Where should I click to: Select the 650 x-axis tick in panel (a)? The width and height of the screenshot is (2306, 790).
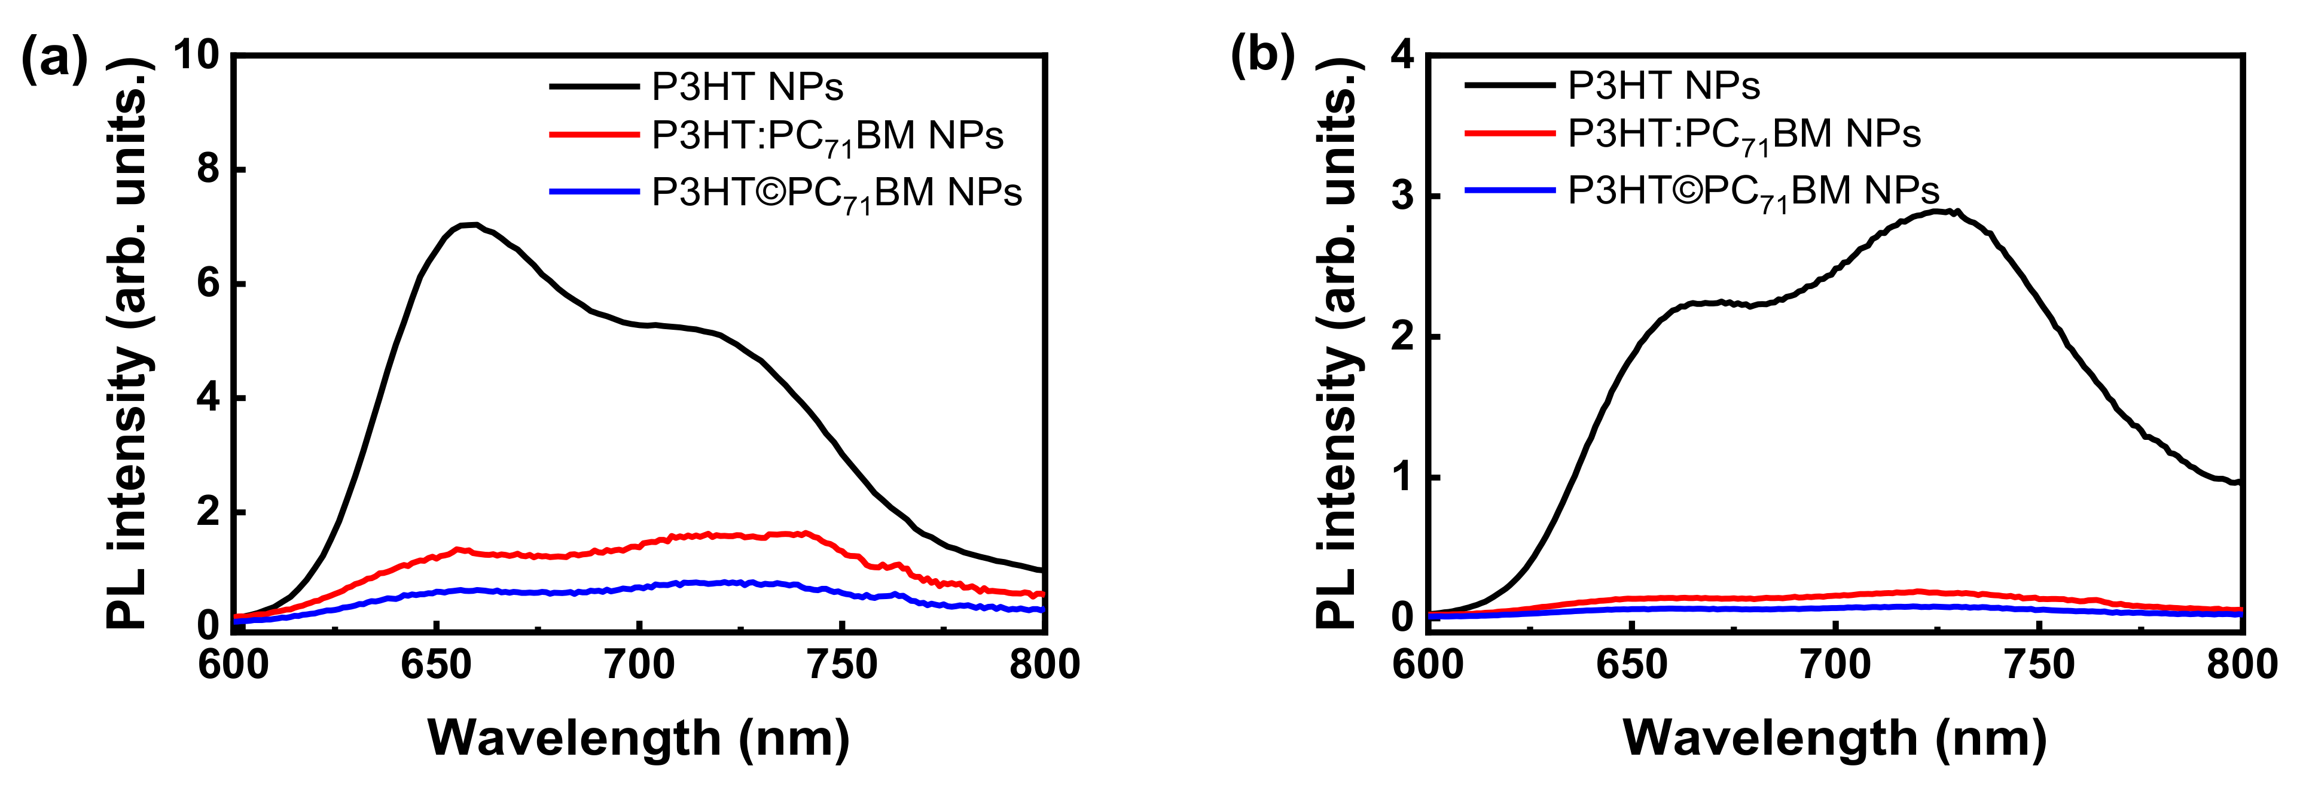[x=436, y=664]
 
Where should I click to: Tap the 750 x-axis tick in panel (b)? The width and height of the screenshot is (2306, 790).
[x=2039, y=664]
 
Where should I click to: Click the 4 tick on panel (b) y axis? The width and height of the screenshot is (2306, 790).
[x=1403, y=56]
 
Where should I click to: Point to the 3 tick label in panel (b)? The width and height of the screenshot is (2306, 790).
[x=1403, y=196]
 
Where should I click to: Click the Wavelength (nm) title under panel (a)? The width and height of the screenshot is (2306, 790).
[x=638, y=739]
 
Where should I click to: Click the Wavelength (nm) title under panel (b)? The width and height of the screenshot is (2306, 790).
[x=1835, y=739]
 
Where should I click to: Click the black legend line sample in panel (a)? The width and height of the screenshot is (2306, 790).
[x=593, y=87]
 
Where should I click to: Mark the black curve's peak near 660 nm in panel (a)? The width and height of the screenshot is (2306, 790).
[x=470, y=225]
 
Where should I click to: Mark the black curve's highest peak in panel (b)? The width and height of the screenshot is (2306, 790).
[x=1938, y=211]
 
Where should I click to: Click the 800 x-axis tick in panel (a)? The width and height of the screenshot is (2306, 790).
[x=1044, y=664]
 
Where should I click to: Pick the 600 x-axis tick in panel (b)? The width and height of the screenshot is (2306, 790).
[x=1429, y=664]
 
